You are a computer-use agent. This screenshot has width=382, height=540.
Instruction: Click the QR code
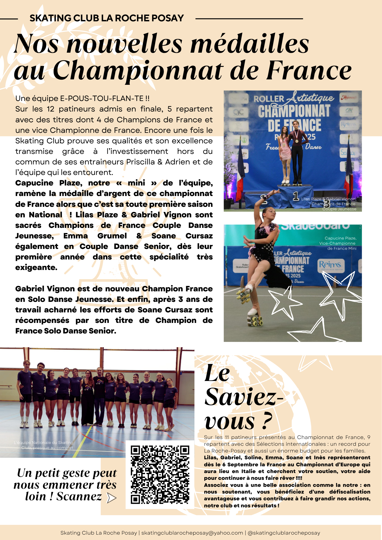pos(160,475)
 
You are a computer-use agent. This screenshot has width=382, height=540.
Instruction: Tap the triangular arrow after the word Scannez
pos(111,498)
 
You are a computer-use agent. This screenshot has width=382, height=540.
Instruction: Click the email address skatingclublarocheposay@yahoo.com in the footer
pos(192,533)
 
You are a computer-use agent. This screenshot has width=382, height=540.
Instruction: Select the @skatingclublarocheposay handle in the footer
pos(284,533)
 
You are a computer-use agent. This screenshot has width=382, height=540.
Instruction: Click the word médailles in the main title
pos(250,44)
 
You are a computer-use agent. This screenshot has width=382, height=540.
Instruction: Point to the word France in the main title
pos(309,70)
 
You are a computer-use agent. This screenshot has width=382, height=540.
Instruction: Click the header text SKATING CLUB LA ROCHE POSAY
pos(106,18)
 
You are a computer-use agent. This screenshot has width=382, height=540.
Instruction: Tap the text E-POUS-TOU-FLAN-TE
pos(102,99)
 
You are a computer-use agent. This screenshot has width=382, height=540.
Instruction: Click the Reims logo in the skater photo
pos(330,265)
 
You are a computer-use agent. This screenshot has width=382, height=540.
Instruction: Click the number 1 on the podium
pos(296,196)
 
